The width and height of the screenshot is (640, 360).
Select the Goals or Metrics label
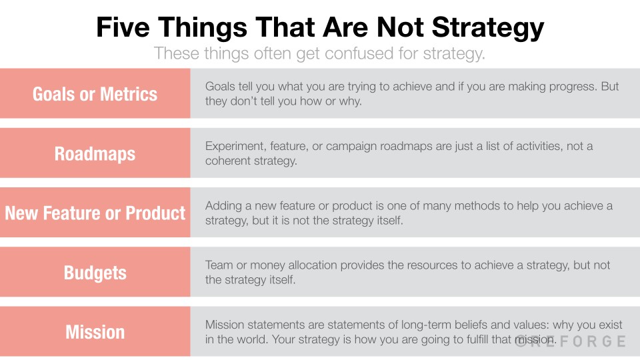[95, 94]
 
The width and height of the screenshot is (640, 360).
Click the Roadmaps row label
[95, 154]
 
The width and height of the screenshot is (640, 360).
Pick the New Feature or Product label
[95, 213]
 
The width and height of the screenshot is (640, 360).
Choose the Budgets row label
[95, 273]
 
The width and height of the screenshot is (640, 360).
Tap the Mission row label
[95, 332]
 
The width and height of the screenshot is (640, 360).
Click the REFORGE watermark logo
[571, 341]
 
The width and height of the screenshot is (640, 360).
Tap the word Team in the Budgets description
[219, 265]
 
